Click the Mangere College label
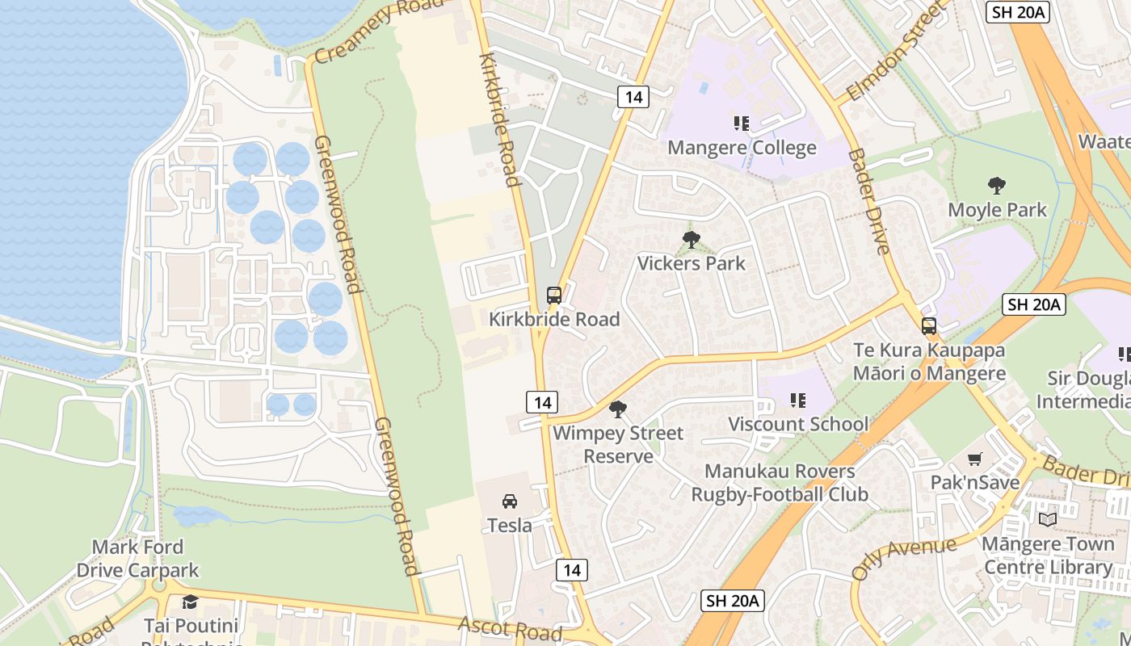[x=742, y=149]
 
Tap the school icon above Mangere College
[x=741, y=124]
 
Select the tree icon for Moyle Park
[x=997, y=186]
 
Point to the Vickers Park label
[x=691, y=263]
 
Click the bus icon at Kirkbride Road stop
[x=553, y=296]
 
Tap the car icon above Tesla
[x=510, y=501]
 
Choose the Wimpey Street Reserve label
[x=618, y=445]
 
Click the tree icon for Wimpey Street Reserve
[x=618, y=409]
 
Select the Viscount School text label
[x=798, y=424]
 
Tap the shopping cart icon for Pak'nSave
[x=975, y=459]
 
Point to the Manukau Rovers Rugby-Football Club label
[x=780, y=483]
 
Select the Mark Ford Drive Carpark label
[x=137, y=559]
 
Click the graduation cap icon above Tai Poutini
[x=190, y=602]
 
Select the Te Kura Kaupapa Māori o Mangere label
[x=929, y=362]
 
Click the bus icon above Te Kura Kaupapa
[x=929, y=326]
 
